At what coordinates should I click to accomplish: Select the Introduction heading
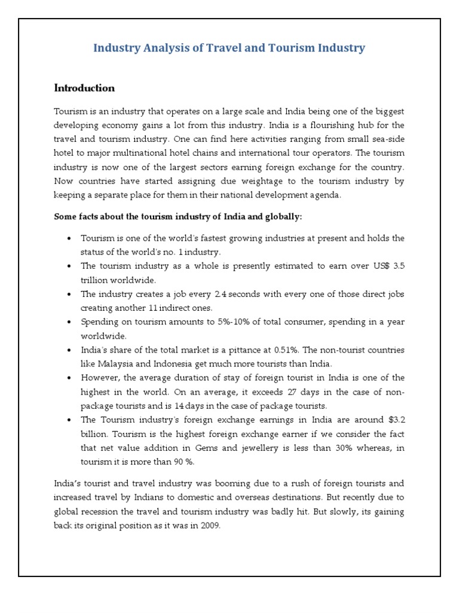(84, 88)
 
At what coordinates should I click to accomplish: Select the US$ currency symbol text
(376, 266)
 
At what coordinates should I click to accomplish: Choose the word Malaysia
(116, 363)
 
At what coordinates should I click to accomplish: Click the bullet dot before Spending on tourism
(69, 322)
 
